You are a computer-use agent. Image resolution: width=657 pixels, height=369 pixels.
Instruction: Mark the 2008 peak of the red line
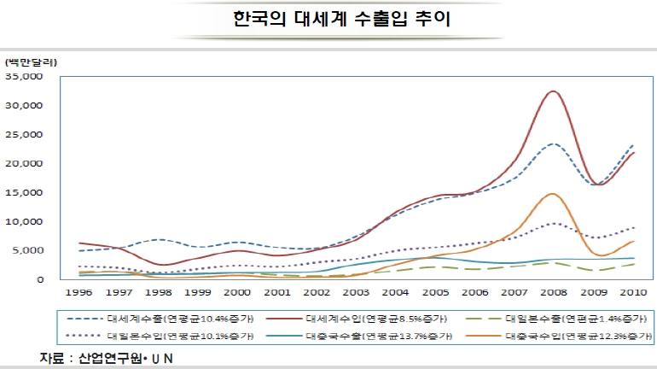point(553,91)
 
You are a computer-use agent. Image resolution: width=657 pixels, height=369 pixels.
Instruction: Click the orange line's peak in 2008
point(553,194)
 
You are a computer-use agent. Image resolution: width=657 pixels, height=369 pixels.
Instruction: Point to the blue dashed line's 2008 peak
point(553,143)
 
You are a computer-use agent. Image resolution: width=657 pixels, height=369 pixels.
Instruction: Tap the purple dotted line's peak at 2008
point(553,224)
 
